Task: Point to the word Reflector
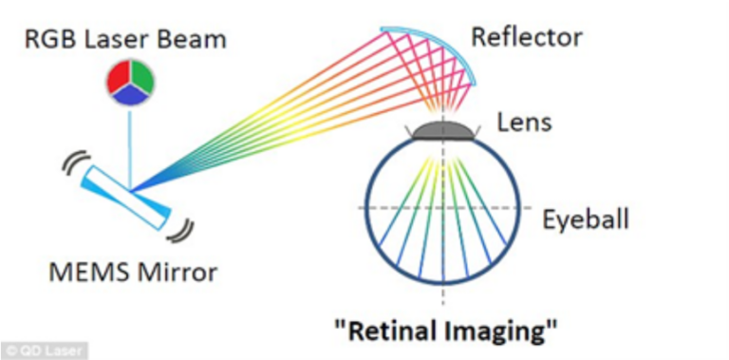click(526, 38)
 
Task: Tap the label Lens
click(524, 122)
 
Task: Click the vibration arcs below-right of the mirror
click(179, 229)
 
